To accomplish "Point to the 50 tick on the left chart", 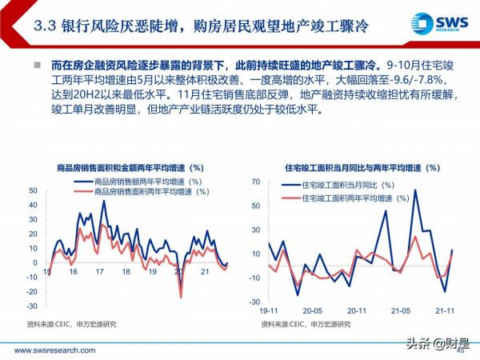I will [33, 190].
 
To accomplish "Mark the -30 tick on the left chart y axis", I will [31, 306].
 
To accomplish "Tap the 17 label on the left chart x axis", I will [100, 272].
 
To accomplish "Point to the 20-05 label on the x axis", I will [312, 310].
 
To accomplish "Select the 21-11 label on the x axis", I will [442, 310].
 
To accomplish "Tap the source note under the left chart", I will [71, 324].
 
